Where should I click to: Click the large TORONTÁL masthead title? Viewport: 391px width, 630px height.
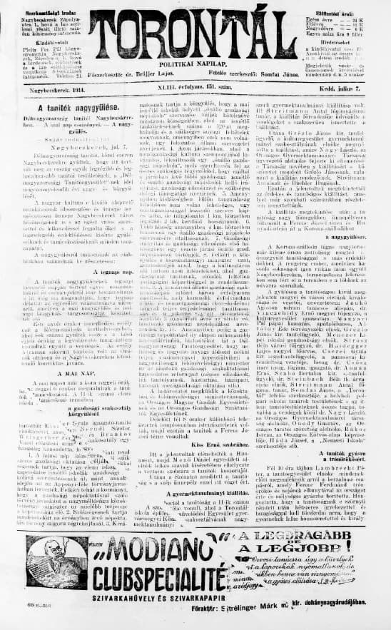[192, 34]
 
